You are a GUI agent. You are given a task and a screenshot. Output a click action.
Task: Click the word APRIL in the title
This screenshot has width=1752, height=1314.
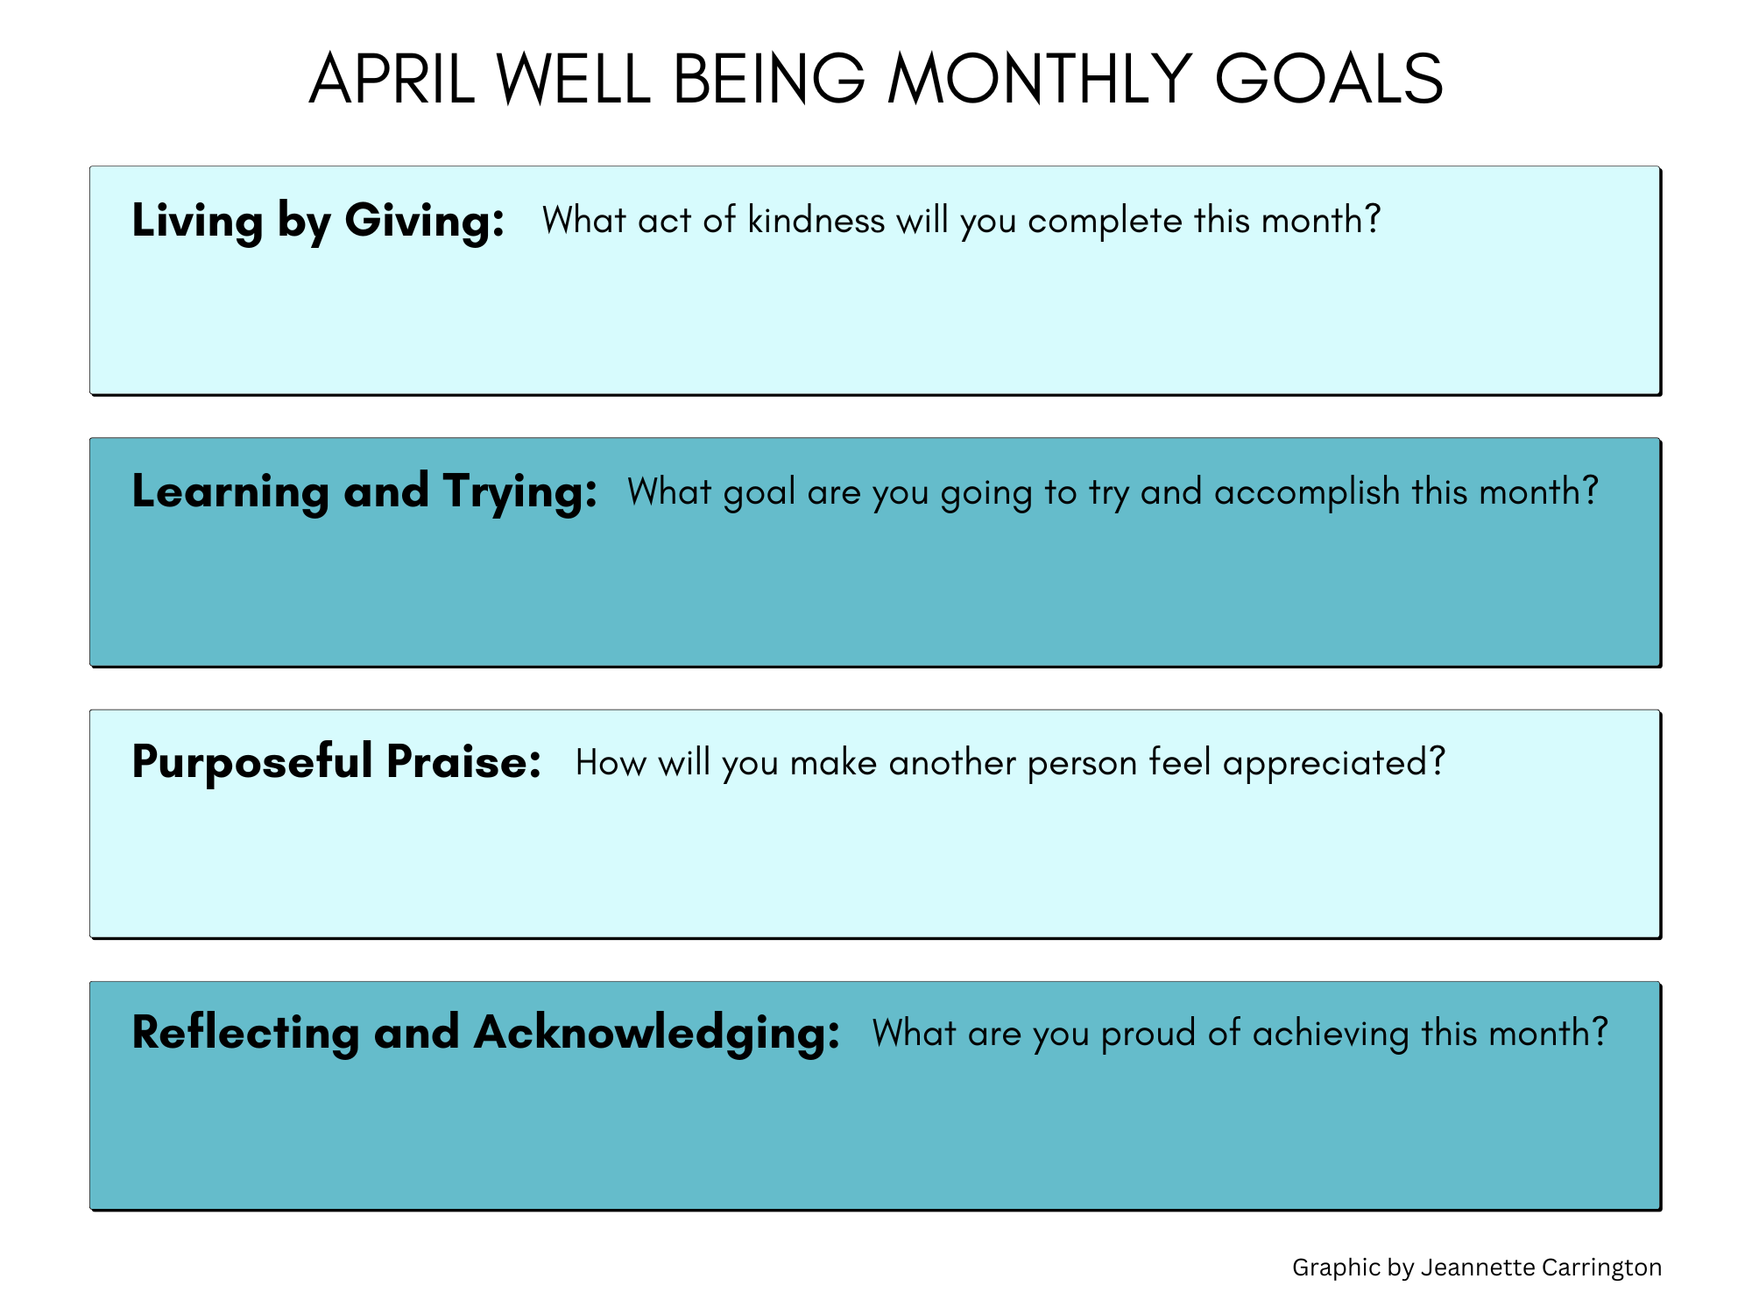pos(392,79)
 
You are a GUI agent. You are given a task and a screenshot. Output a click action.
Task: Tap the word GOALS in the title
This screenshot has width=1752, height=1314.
pos(1329,79)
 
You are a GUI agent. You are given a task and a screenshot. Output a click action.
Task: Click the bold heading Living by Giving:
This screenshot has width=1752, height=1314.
pos(318,221)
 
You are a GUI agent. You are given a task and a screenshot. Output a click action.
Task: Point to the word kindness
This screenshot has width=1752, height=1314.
pos(816,220)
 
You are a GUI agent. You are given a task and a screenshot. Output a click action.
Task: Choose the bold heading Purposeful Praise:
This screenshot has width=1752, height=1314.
pos(336,762)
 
